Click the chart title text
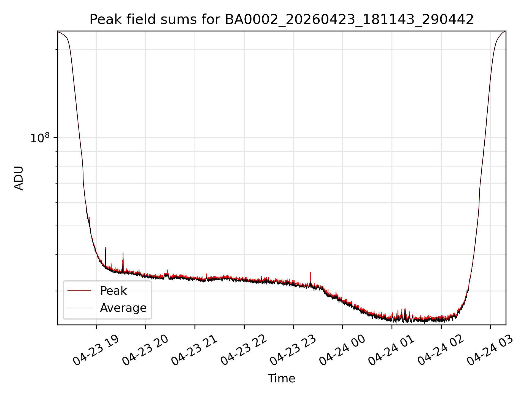pyautogui.click(x=282, y=20)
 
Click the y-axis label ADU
pyautogui.click(x=19, y=178)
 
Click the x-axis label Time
pyautogui.click(x=281, y=378)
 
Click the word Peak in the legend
pyautogui.click(x=113, y=291)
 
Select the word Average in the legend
pyautogui.click(x=123, y=308)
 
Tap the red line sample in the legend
pyautogui.click(x=79, y=291)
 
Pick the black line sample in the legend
pyautogui.click(x=79, y=308)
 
